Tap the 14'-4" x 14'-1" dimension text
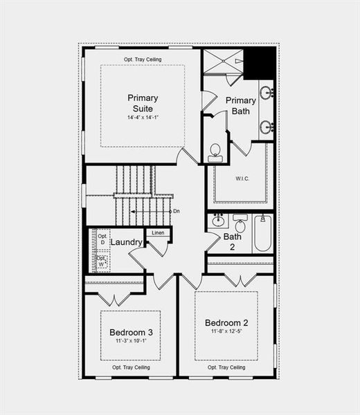tap(143, 118)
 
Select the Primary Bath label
tap(241, 105)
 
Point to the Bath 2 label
tap(233, 241)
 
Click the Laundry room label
tap(126, 242)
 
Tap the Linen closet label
tap(159, 232)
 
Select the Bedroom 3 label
tap(132, 333)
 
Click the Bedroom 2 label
tap(226, 322)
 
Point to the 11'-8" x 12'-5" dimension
tap(226, 331)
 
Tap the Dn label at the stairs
tap(177, 211)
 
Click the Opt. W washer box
tap(101, 261)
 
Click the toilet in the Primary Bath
tap(215, 151)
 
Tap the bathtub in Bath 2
tap(263, 233)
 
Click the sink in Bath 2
tap(218, 221)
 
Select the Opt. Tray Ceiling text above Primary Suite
tap(143, 59)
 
